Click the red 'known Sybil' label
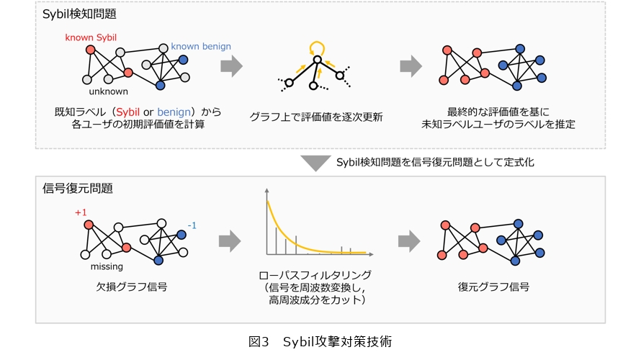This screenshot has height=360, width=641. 91,37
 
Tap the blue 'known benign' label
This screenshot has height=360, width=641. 201,47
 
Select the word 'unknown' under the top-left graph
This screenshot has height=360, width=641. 108,91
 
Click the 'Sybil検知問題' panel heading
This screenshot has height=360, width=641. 79,14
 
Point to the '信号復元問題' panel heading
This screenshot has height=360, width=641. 78,189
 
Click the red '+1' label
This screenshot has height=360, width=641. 81,212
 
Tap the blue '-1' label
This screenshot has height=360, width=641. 192,225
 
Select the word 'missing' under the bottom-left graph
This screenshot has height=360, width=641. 107,267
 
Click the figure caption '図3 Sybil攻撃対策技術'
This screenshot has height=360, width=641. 320,341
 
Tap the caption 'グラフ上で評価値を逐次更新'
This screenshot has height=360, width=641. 316,117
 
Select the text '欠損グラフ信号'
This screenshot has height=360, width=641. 132,287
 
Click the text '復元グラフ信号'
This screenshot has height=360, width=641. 493,287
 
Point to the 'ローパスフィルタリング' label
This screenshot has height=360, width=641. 315,275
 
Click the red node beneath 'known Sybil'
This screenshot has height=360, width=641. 90,50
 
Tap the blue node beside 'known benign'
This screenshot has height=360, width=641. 183,60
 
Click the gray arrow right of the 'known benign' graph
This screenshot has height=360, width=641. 231,66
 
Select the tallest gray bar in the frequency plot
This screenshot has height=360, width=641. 276,241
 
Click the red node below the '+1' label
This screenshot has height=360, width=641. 89,225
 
